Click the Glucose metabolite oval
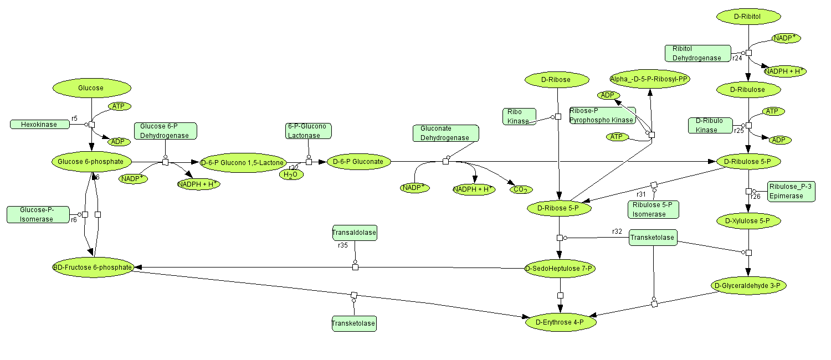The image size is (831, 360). [x=91, y=88]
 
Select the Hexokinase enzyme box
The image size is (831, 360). [x=40, y=124]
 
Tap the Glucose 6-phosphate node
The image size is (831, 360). [x=92, y=162]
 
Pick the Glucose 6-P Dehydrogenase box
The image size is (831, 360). [x=165, y=131]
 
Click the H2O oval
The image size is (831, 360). [x=291, y=175]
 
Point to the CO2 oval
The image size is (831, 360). [x=520, y=189]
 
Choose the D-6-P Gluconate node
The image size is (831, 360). [x=359, y=162]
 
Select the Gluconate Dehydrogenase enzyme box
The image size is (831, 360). [x=445, y=133]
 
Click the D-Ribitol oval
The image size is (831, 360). [x=748, y=17]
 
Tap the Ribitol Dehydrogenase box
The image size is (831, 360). [x=697, y=53]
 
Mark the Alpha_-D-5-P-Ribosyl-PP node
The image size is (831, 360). [x=649, y=79]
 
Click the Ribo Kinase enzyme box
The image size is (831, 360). [x=519, y=116]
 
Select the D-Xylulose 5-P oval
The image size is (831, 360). [x=748, y=221]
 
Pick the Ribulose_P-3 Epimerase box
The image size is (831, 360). [x=791, y=191]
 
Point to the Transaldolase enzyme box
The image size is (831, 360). [x=354, y=233]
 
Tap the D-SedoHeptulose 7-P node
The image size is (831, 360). [x=560, y=269]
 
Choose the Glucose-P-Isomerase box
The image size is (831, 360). [x=38, y=214]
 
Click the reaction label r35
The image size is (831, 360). [x=342, y=245]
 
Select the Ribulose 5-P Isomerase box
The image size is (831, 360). [x=653, y=209]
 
